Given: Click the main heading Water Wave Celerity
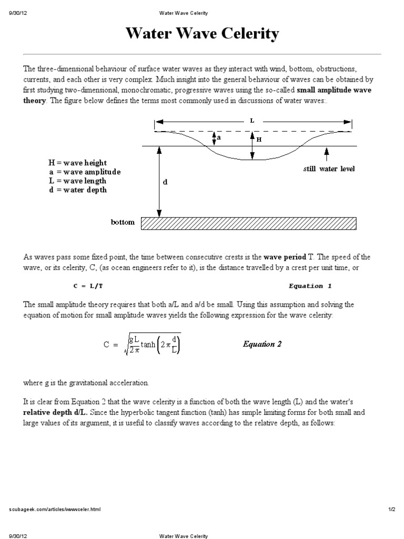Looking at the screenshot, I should point(202,35).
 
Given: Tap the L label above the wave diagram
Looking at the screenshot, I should point(252,121).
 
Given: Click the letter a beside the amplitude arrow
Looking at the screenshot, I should point(219,137).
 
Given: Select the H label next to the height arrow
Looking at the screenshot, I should point(259,139).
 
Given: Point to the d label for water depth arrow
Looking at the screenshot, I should point(165,182).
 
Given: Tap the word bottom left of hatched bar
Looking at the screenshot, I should point(123,222).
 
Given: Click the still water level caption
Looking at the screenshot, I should point(329,169).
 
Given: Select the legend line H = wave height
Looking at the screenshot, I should point(77,164).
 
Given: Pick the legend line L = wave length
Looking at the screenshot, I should point(77,181).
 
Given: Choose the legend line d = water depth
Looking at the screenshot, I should point(77,190).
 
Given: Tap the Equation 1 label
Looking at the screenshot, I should point(310,286).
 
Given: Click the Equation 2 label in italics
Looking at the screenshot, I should point(262,344).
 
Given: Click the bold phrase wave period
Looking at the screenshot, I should point(285,257).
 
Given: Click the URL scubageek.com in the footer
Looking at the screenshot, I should point(55,510).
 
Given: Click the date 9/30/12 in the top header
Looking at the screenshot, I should point(18,13).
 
